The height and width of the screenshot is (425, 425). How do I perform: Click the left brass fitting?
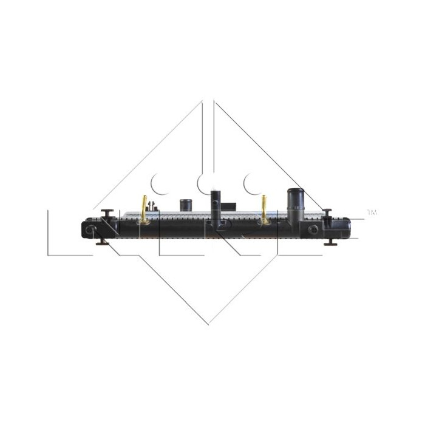[x=144, y=205]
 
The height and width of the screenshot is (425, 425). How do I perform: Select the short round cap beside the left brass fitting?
[x=185, y=204]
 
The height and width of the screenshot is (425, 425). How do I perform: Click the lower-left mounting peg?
[x=101, y=243]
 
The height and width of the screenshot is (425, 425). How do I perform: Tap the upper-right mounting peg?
[x=327, y=212]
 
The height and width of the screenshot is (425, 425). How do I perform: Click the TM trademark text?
[x=372, y=213]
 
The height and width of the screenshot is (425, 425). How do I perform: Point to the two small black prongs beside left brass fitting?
[x=155, y=206]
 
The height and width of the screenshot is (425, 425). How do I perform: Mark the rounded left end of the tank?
[x=84, y=229]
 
